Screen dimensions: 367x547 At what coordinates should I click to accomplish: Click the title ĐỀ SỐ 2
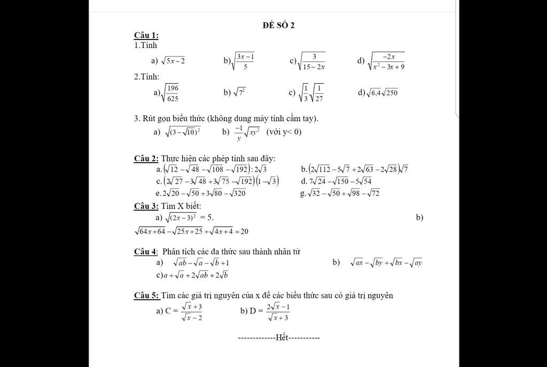click(x=278, y=25)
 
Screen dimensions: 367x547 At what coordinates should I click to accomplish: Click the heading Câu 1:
click(x=146, y=36)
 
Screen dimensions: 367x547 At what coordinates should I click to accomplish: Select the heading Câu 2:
click(x=146, y=158)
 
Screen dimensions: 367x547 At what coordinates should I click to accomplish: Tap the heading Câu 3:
click(x=146, y=206)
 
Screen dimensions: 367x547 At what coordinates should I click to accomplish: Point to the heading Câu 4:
click(x=146, y=251)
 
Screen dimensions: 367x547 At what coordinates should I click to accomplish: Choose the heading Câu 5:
click(x=146, y=296)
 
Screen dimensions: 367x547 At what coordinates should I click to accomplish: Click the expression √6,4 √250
click(x=382, y=93)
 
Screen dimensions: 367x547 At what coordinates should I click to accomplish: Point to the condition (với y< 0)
click(x=284, y=132)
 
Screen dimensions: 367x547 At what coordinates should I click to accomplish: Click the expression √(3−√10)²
click(x=183, y=132)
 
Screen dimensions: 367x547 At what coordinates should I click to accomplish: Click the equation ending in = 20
click(x=191, y=232)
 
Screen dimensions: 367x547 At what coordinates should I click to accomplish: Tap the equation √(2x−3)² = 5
click(x=189, y=217)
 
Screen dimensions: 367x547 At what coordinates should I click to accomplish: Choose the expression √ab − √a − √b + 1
click(x=201, y=262)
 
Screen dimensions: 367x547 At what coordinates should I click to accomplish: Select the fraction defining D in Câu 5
click(x=278, y=312)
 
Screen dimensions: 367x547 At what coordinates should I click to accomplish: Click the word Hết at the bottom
click(x=282, y=338)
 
